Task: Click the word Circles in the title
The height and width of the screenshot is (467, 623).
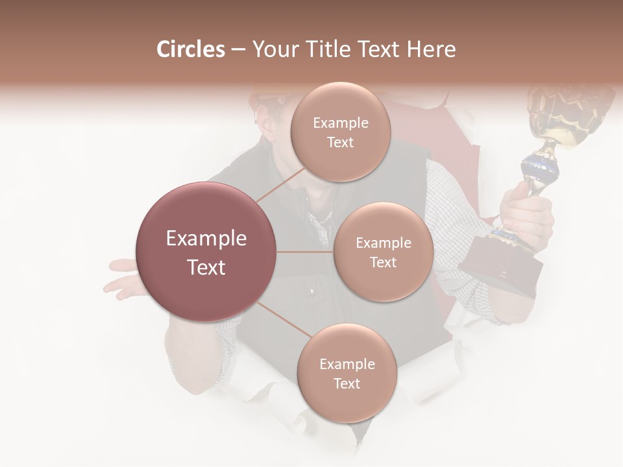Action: [190, 49]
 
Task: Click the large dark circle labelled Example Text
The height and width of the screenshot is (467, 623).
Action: [206, 252]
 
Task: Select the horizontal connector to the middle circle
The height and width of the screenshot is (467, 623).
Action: [305, 252]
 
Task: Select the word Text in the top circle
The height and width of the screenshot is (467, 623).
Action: [340, 143]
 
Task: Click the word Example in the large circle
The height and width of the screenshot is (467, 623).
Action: [206, 239]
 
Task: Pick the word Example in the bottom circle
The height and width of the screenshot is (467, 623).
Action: [347, 364]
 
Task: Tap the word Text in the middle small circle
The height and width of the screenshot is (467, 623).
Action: [383, 262]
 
